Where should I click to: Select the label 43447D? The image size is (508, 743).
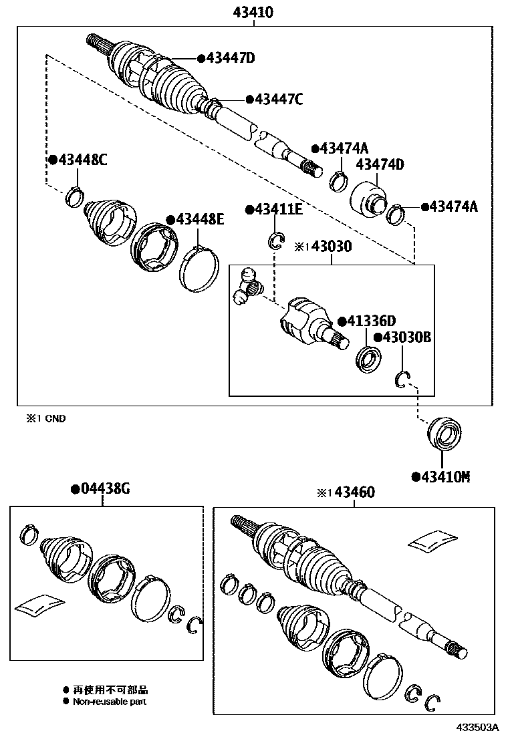[230, 58]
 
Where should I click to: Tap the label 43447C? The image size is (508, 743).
[278, 100]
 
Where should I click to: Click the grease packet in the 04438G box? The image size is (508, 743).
[40, 605]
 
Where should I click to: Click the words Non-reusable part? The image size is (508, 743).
[109, 702]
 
